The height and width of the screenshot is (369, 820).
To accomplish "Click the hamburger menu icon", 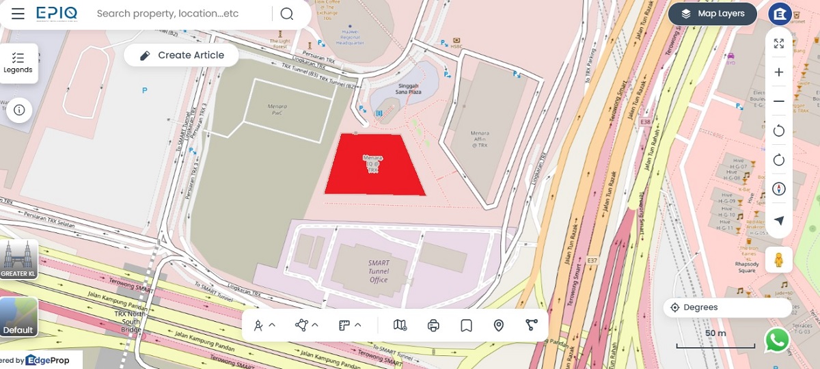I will (x=18, y=14).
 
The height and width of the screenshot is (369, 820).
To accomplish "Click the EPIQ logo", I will (x=57, y=14).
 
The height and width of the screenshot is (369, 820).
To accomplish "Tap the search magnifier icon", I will (x=287, y=14).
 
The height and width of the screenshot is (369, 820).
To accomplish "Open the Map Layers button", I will (x=712, y=14).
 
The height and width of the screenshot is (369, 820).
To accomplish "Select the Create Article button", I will (x=182, y=55).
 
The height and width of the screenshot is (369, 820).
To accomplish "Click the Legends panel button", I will (x=18, y=63).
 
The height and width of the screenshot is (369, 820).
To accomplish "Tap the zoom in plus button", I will (x=779, y=72).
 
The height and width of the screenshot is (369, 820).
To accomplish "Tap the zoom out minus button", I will (x=779, y=101).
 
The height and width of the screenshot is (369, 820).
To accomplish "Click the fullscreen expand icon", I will (x=779, y=44).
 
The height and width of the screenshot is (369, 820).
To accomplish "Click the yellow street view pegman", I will (x=778, y=260).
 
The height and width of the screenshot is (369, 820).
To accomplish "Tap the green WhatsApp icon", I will (x=777, y=340).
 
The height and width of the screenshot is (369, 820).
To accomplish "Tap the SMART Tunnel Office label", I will (x=378, y=271).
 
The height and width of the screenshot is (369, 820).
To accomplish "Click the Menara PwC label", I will (x=277, y=109).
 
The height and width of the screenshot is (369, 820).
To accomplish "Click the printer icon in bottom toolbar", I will (x=433, y=325).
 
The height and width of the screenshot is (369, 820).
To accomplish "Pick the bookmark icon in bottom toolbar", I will (x=466, y=325).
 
